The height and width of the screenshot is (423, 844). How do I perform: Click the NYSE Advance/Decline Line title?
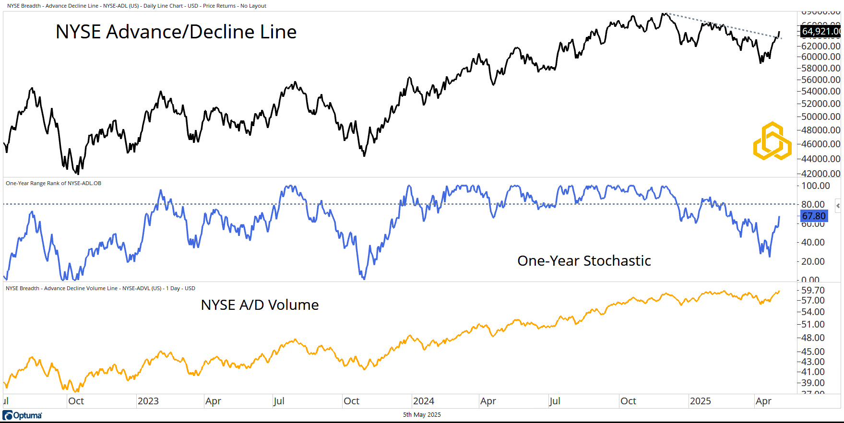pos(176,32)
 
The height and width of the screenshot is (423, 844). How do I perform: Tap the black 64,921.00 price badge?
pos(820,32)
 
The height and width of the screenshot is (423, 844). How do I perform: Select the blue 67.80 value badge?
pos(814,216)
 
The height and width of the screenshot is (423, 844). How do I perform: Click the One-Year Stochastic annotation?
pos(584,261)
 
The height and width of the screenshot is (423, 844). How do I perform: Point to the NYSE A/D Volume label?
pos(260,305)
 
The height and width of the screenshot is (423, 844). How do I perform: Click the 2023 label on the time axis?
pos(148,401)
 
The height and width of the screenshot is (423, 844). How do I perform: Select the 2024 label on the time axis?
pos(423,401)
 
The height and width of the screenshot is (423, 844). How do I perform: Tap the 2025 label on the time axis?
pos(700,401)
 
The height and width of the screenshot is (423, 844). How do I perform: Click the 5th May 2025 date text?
pos(422,415)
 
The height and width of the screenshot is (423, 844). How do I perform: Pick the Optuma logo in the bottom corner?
pos(22,415)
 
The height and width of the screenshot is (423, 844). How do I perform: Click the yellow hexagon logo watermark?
pos(772,141)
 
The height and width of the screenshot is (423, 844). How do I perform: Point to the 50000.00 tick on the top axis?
pos(820,117)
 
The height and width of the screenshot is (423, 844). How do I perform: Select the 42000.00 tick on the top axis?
pos(820,173)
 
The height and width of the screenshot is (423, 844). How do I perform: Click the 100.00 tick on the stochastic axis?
pos(815,186)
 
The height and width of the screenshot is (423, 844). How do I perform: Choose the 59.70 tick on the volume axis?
pos(813,290)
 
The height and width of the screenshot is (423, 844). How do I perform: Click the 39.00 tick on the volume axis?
pos(813,383)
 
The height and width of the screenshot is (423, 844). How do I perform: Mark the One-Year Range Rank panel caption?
pos(53,183)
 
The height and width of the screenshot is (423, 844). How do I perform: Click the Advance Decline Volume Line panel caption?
pos(100,288)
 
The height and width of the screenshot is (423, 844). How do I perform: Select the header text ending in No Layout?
pos(137,6)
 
